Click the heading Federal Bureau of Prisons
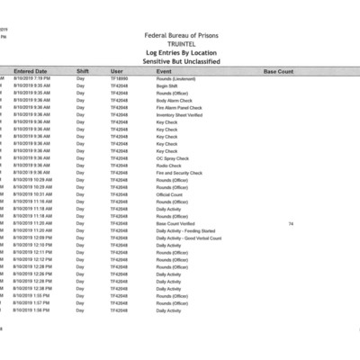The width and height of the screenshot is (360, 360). pos(180,36)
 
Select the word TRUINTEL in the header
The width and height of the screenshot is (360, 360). pos(180,44)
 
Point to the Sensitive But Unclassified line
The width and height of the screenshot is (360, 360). pos(180,60)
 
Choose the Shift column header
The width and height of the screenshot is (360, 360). pos(83,70)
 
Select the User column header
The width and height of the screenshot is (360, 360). pos(117,70)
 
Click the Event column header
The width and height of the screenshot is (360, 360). pos(164,70)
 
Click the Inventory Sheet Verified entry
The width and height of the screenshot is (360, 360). pos(178,114)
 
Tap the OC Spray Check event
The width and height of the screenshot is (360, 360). pos(171,157)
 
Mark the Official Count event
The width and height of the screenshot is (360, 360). pos(169,193)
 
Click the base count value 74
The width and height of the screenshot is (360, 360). pos(291,222)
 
